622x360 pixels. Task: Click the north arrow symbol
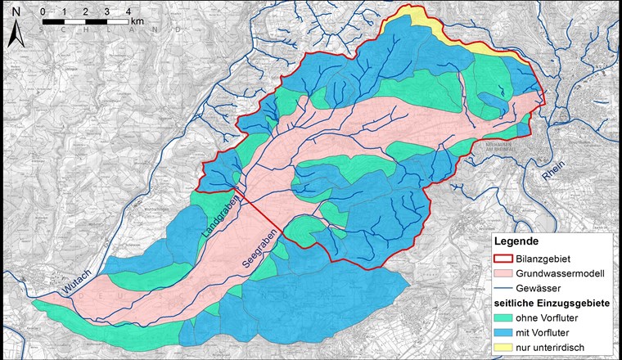15,34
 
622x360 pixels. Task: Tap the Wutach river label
78,281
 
